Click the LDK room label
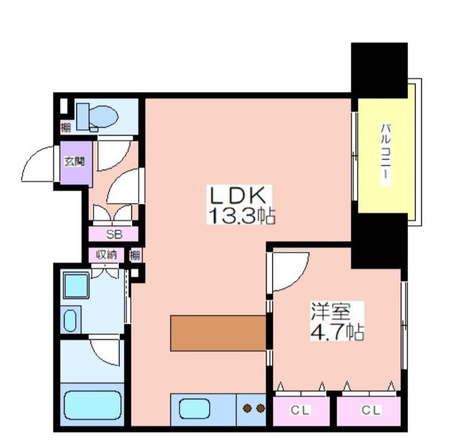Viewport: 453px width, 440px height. point(237,196)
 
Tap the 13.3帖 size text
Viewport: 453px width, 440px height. point(241,215)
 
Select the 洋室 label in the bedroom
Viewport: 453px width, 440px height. point(331,311)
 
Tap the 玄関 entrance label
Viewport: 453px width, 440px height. point(74,161)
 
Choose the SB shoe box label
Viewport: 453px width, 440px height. point(114,234)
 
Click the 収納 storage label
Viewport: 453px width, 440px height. point(106,255)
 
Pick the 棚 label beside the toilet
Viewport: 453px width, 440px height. point(66,127)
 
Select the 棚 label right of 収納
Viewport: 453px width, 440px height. point(135,255)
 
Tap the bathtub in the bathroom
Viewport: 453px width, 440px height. point(92,405)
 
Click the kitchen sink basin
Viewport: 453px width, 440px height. point(194,408)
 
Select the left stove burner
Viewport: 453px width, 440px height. point(247,408)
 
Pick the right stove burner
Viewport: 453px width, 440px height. point(260,408)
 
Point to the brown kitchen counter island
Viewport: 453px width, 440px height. point(218,333)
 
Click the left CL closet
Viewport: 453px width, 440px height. point(301,411)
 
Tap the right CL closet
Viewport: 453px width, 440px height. point(369,411)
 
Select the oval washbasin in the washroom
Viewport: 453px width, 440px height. point(70,320)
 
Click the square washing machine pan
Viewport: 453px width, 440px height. point(76,285)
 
